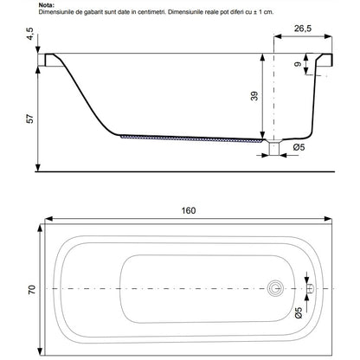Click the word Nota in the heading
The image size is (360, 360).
click(46, 5)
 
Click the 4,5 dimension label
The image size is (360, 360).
click(30, 34)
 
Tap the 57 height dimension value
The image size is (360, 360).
click(30, 119)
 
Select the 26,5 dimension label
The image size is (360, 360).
click(303, 29)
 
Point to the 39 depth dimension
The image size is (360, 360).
click(254, 96)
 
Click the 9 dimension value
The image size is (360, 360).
click(298, 64)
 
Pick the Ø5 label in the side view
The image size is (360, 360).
click(299, 147)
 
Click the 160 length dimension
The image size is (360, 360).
click(189, 210)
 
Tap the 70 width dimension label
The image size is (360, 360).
click(32, 289)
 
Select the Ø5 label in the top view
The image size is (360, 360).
click(299, 312)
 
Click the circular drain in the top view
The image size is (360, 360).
click(275, 288)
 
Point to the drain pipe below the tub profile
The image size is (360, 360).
click(274, 148)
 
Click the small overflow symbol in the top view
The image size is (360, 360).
click(311, 288)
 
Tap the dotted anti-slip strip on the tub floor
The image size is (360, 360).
click(192, 138)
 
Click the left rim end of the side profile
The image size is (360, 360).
click(42, 60)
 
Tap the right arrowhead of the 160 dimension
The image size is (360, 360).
click(328, 219)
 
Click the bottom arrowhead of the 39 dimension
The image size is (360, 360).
click(262, 136)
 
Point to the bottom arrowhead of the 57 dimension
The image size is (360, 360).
click(38, 167)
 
